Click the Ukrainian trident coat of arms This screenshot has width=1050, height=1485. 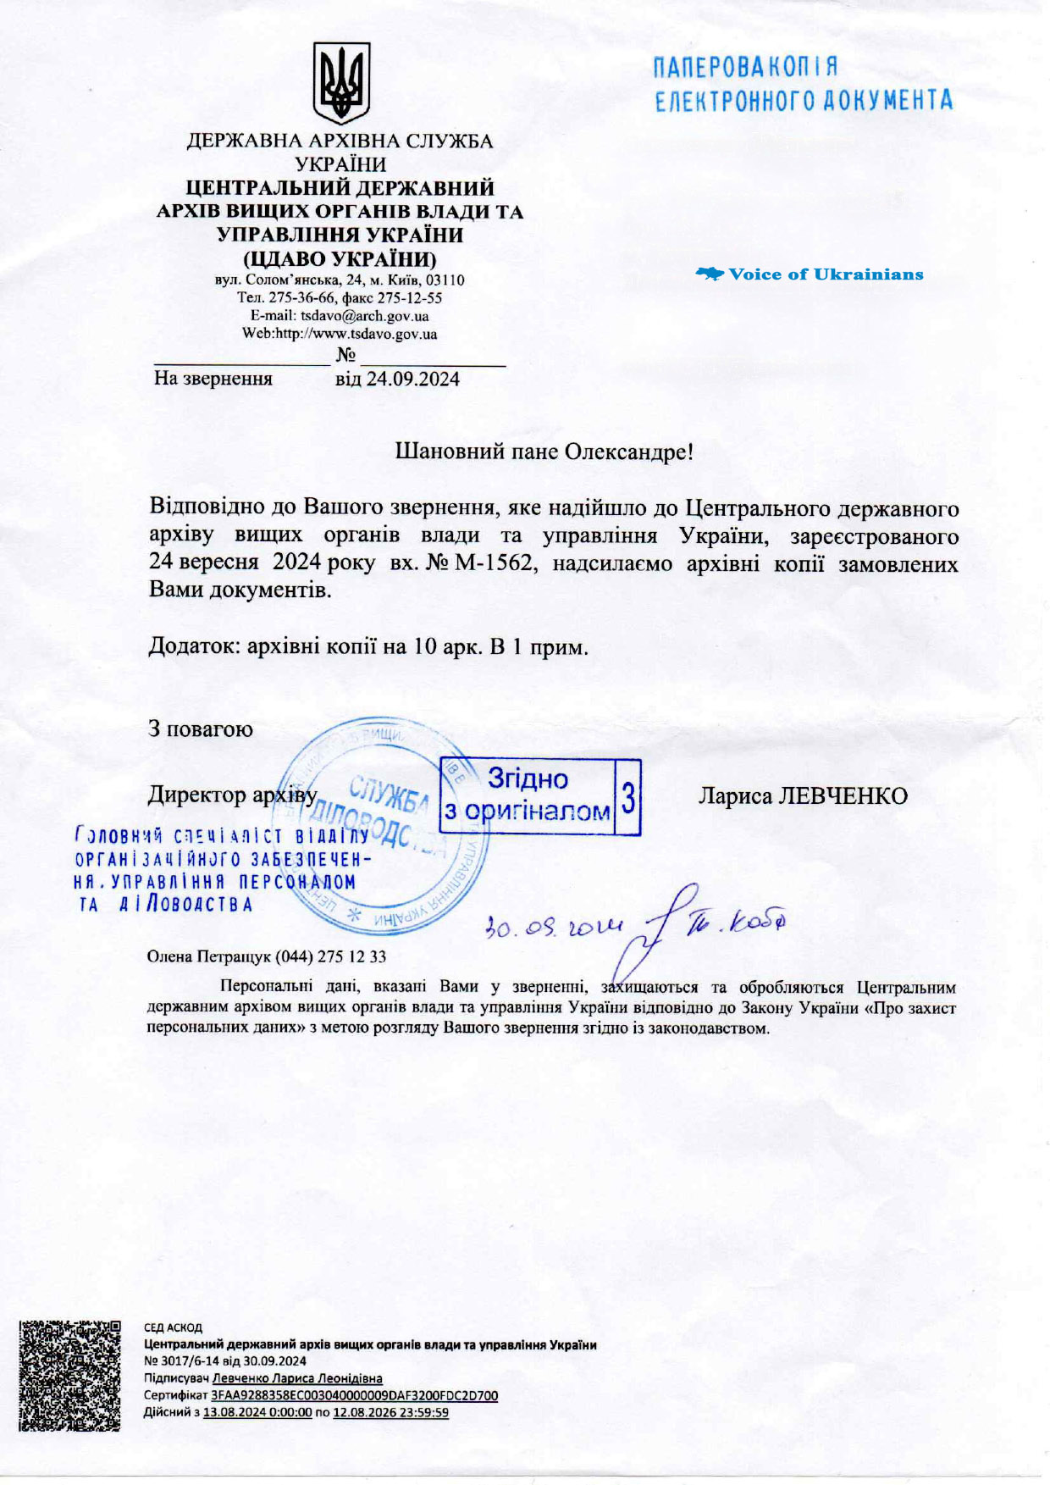[341, 83]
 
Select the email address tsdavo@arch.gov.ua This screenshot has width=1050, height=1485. [364, 316]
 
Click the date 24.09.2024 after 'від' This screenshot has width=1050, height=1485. [412, 379]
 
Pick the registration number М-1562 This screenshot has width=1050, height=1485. [495, 563]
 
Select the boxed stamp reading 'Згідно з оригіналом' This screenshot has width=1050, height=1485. [539, 796]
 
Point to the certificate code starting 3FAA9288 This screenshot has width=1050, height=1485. [354, 1395]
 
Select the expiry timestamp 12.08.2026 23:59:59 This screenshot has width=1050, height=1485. [390, 1412]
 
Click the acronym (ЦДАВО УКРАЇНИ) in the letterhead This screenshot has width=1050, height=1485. [340, 258]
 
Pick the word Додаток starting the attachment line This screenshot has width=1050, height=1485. [194, 647]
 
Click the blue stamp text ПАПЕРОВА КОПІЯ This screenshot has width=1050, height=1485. [746, 68]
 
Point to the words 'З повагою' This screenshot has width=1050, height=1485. [201, 729]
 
